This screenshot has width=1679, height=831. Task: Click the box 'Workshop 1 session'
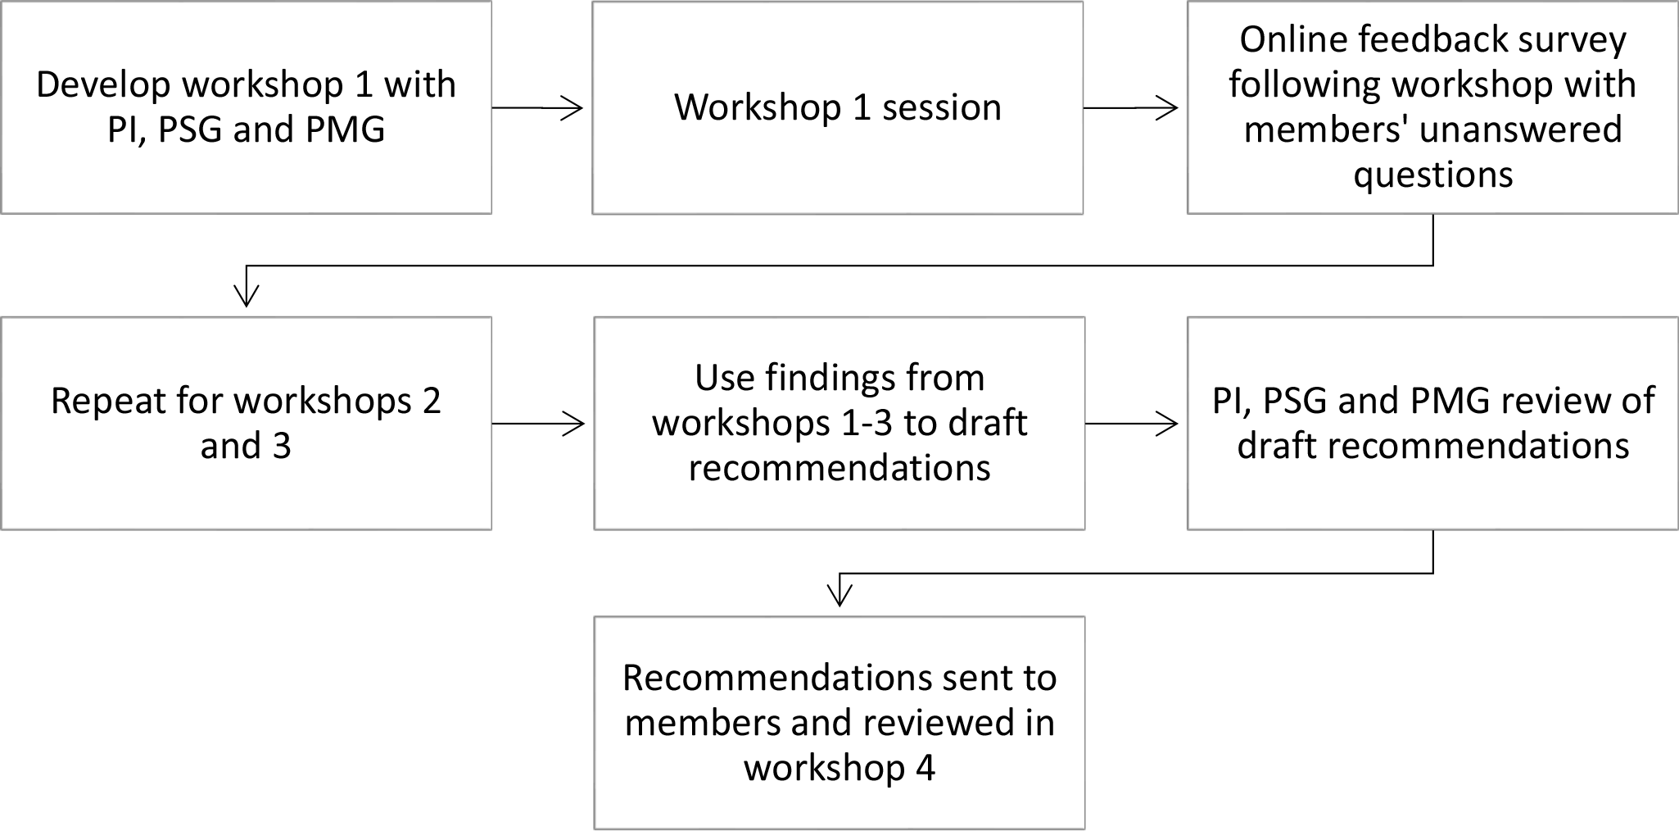pyautogui.click(x=838, y=108)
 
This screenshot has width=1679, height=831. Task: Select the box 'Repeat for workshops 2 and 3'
pyautogui.click(x=247, y=424)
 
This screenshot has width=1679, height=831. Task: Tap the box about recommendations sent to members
pyautogui.click(x=839, y=723)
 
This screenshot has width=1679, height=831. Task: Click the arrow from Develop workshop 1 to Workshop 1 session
pyautogui.click(x=537, y=108)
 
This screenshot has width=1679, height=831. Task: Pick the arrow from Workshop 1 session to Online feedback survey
pyautogui.click(x=1131, y=108)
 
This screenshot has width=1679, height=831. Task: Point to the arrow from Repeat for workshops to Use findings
pyautogui.click(x=538, y=424)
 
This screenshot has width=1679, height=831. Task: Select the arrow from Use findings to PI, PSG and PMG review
pyautogui.click(x=1132, y=424)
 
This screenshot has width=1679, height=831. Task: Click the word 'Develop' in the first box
pyautogui.click(x=104, y=85)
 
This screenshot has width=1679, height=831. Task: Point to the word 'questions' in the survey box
pyautogui.click(x=1433, y=175)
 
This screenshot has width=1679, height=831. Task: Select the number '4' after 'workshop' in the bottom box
pyautogui.click(x=925, y=769)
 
